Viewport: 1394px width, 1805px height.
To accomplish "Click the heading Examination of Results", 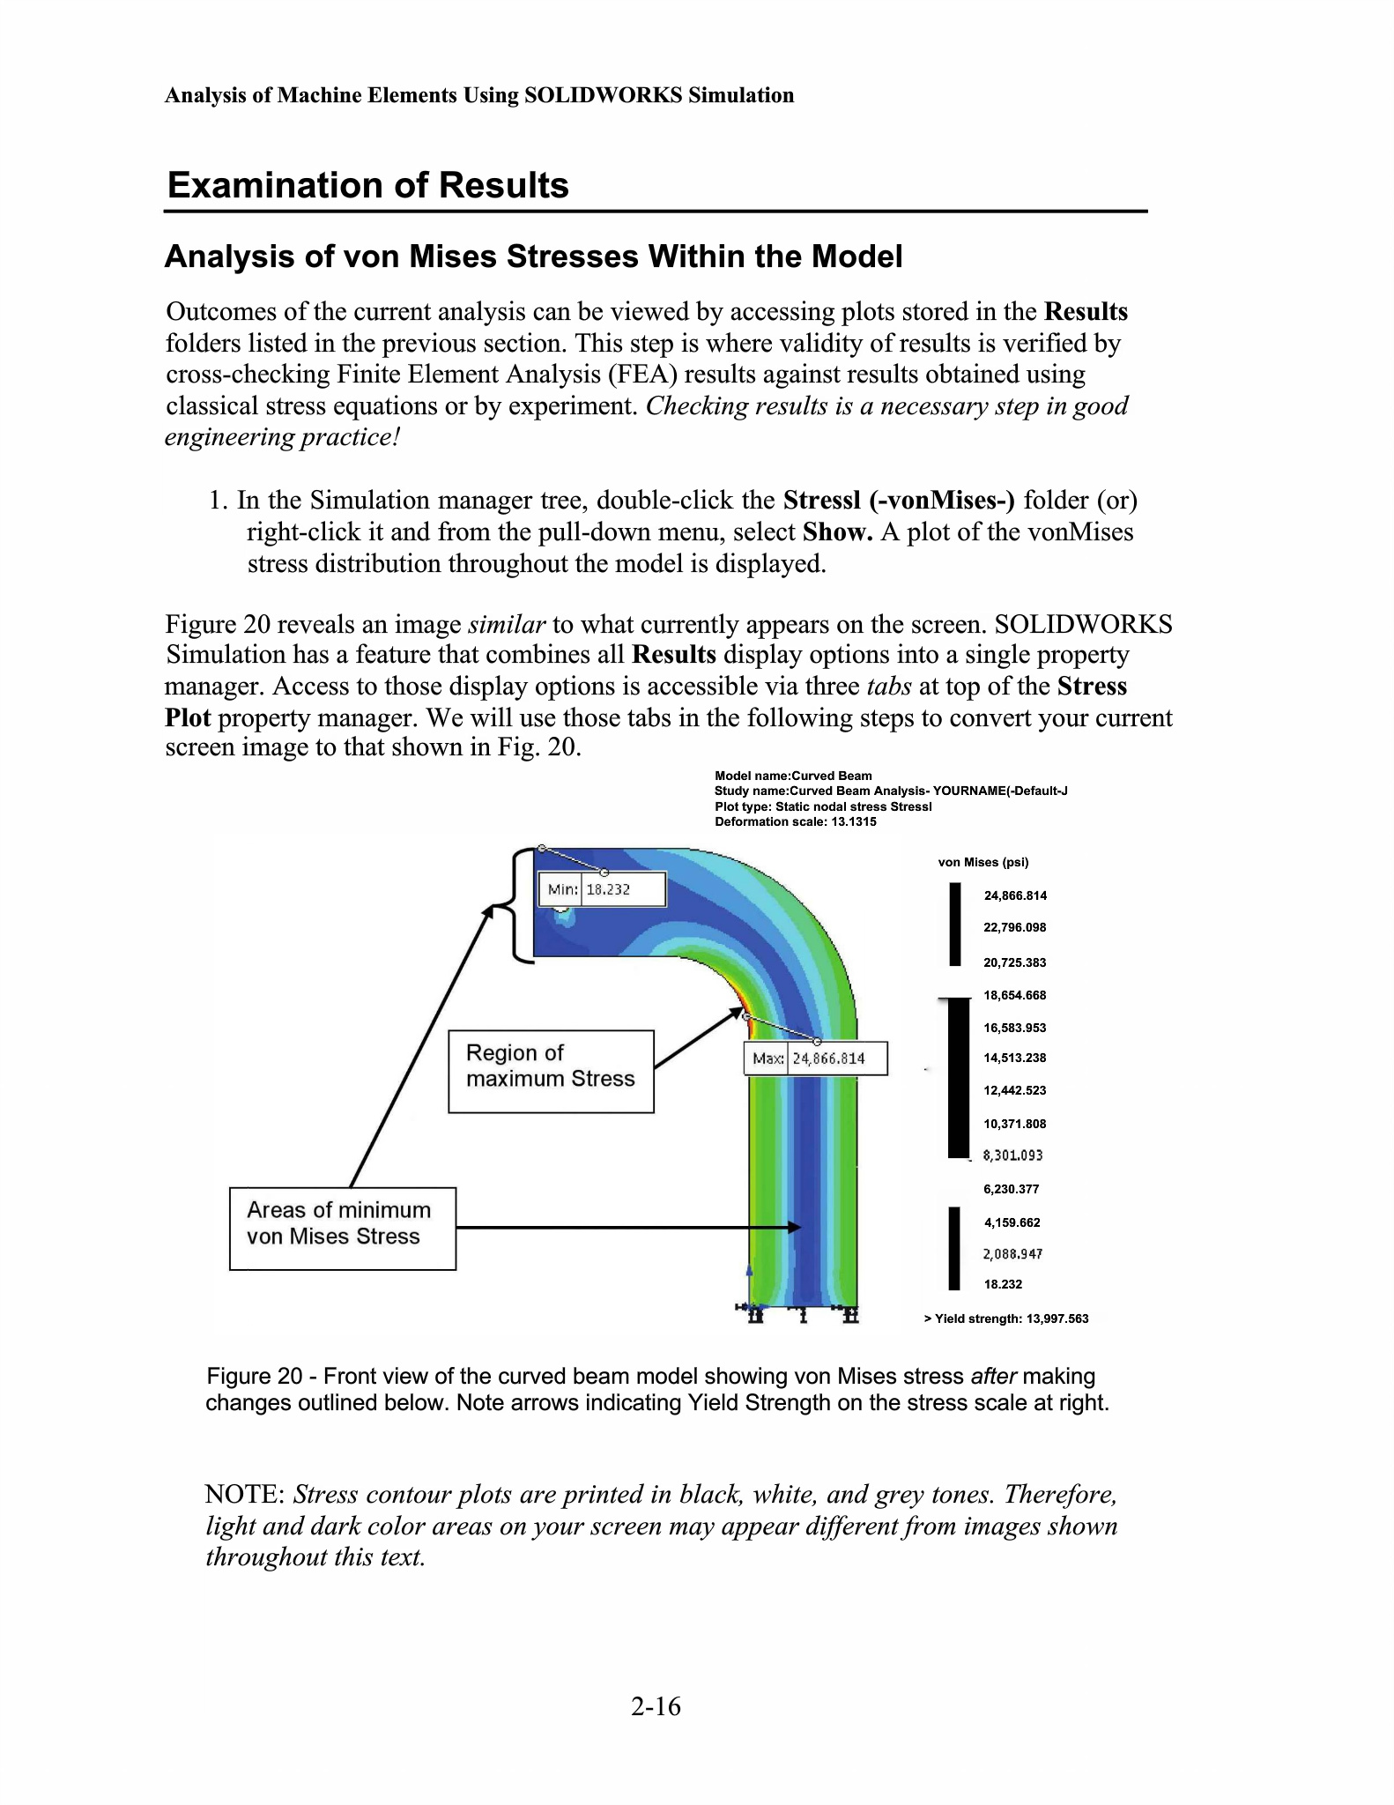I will (x=367, y=185).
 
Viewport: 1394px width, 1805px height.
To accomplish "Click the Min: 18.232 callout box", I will (x=602, y=889).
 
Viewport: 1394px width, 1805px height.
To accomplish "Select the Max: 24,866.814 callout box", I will (x=816, y=1058).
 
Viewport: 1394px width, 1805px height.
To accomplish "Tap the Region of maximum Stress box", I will (x=551, y=1071).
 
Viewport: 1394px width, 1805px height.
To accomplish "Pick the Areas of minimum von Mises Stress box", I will (x=342, y=1228).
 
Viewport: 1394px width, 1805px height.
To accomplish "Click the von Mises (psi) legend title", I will (x=982, y=862).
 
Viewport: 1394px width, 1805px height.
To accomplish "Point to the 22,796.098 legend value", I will (x=1014, y=927).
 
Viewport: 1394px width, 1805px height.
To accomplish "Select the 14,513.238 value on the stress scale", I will (x=1014, y=1058).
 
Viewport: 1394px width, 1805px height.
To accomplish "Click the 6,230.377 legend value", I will (x=1011, y=1189).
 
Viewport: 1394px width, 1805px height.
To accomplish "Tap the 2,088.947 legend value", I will (x=1012, y=1253).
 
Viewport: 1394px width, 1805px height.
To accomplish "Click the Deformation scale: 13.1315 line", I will (x=795, y=821).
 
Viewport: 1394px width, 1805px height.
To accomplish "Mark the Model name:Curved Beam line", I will (x=793, y=776).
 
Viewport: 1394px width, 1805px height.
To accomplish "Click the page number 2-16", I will (x=656, y=1706).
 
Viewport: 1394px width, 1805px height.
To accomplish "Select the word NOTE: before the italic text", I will (x=244, y=1495).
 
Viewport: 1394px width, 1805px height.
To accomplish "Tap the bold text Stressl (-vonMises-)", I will (x=899, y=501).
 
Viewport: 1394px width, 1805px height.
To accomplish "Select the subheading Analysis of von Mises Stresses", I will (x=533, y=256).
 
